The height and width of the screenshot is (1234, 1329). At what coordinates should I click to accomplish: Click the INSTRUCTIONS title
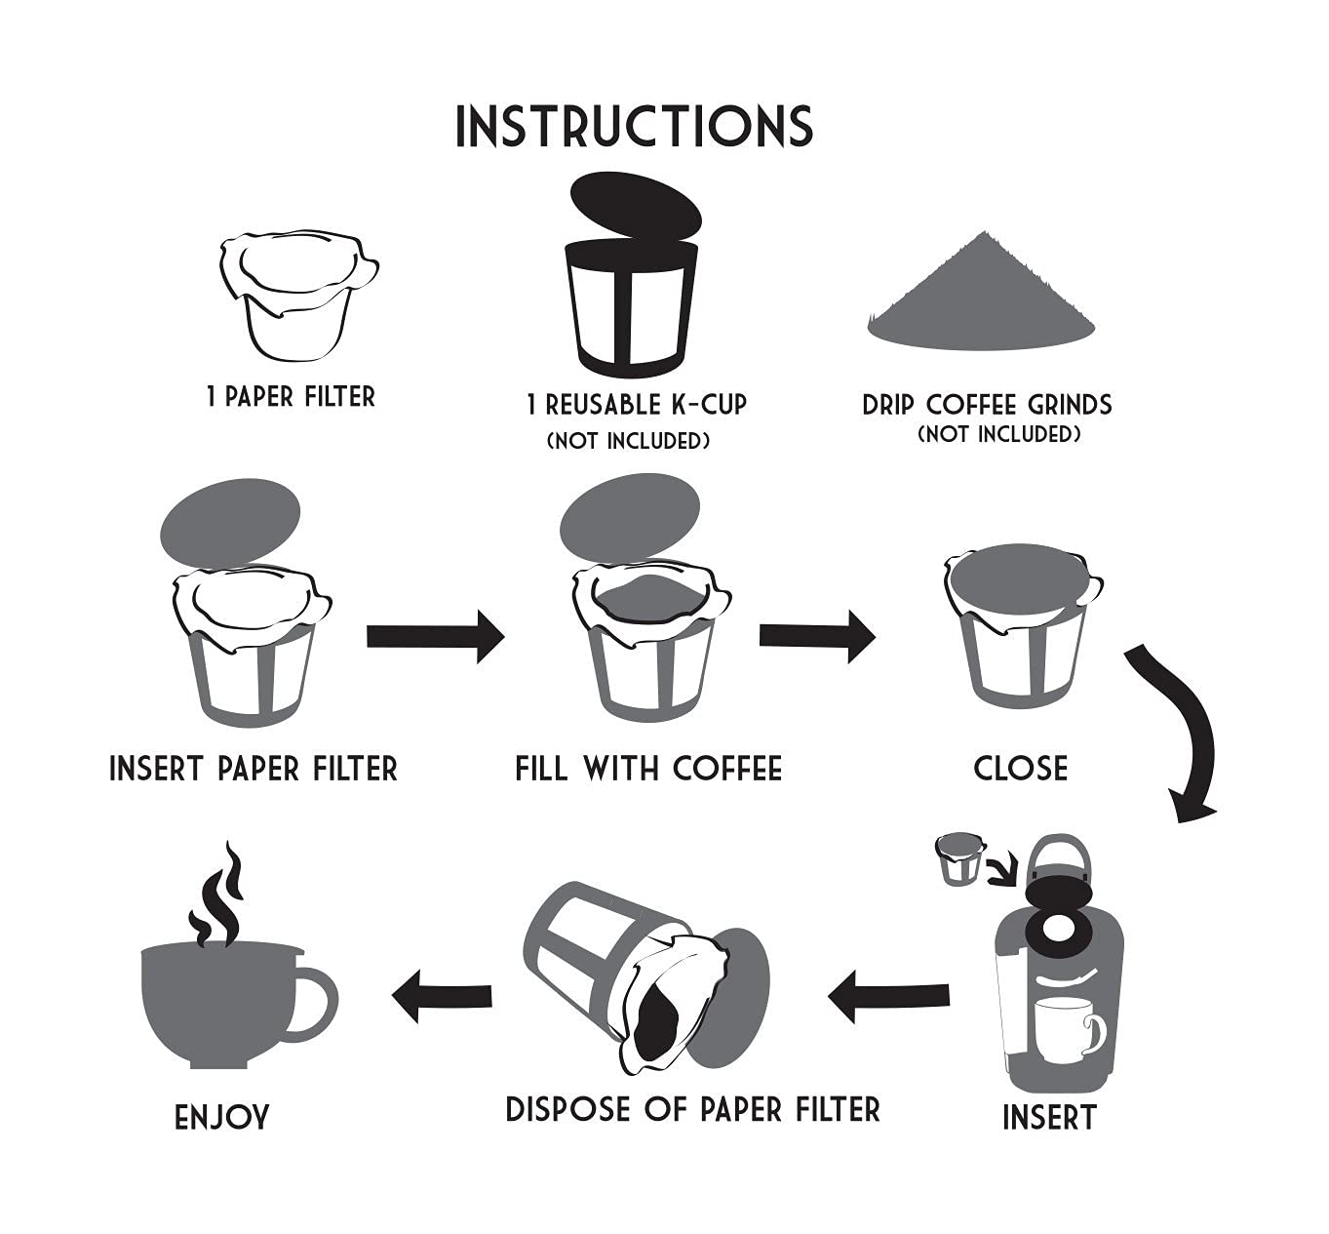[x=634, y=127]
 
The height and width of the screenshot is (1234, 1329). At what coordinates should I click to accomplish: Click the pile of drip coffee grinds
[x=981, y=302]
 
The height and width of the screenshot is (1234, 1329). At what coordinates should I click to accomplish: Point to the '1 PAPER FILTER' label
[x=291, y=397]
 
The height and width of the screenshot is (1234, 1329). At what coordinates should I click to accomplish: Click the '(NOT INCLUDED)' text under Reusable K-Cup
[x=628, y=441]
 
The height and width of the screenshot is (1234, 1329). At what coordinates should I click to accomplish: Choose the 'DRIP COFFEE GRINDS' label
[x=987, y=404]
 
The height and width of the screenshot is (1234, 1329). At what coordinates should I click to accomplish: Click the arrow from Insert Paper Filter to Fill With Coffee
[x=435, y=636]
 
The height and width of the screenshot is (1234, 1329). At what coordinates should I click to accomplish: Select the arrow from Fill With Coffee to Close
[x=817, y=635]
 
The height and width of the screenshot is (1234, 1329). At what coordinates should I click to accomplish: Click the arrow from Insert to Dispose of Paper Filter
[x=888, y=996]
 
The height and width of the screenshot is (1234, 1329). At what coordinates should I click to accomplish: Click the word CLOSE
[x=1020, y=769]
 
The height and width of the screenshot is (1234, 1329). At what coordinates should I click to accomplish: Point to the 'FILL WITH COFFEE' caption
[x=648, y=769]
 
